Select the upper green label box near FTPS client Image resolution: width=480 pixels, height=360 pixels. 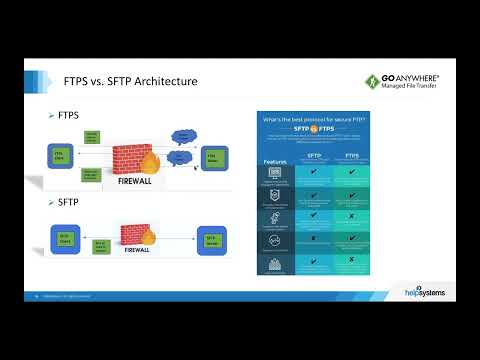click(92, 136)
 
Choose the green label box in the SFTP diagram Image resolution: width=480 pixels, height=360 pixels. click(100, 243)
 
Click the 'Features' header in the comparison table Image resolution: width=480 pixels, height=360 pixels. click(276, 160)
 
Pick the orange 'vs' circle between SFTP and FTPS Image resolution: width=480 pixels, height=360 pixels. click(335, 133)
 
